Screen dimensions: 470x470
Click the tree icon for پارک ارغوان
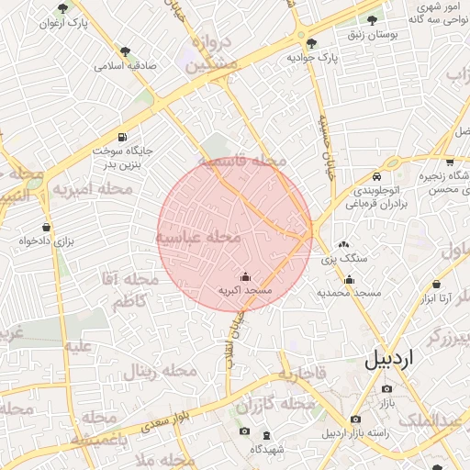[x=64, y=8]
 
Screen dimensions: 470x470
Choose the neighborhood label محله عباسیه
[x=198, y=237]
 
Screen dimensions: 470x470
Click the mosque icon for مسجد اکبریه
[x=245, y=276]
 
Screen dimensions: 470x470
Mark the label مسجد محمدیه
[x=349, y=293]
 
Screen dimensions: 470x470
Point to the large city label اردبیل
[x=389, y=358]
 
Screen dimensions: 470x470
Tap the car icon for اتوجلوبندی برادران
[x=376, y=176]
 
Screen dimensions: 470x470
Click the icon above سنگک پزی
[x=344, y=245]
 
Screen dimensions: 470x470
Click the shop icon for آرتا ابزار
[x=436, y=285]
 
